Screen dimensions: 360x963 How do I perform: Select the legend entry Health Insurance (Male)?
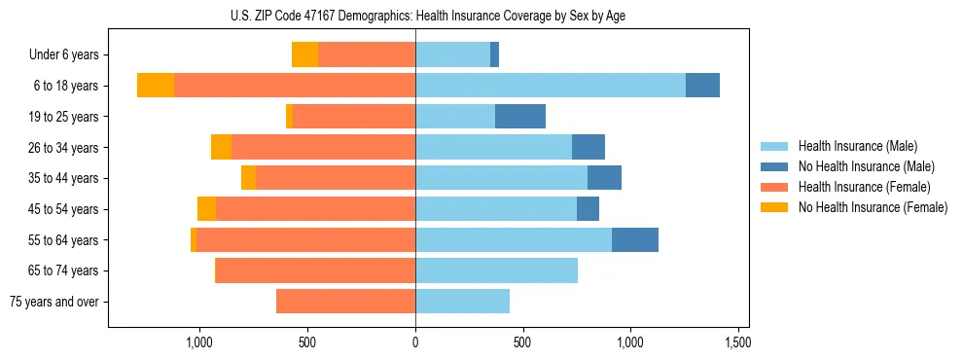(x=857, y=146)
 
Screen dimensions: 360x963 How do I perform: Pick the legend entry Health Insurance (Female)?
(x=864, y=187)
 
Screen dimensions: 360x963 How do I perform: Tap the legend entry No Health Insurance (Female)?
(x=873, y=207)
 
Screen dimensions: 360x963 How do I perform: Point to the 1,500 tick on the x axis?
(x=737, y=343)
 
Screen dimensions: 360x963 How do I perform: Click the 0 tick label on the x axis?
(x=415, y=343)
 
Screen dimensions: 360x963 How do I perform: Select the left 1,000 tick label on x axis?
(x=199, y=343)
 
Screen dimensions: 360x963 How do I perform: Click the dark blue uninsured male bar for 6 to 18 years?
(x=702, y=86)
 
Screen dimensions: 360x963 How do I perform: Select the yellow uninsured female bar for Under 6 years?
(x=304, y=55)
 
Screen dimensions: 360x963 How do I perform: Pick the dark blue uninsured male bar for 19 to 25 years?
(x=520, y=117)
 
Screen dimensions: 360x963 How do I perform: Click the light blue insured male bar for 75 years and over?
(x=462, y=302)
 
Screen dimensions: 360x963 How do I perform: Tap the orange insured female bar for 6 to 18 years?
(x=295, y=86)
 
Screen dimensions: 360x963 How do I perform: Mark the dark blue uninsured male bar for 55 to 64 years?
(x=635, y=239)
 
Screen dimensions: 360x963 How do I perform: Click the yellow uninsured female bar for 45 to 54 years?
(x=206, y=209)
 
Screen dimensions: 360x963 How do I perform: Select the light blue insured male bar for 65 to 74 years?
(x=496, y=270)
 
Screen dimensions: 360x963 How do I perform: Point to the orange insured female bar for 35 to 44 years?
(x=336, y=178)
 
